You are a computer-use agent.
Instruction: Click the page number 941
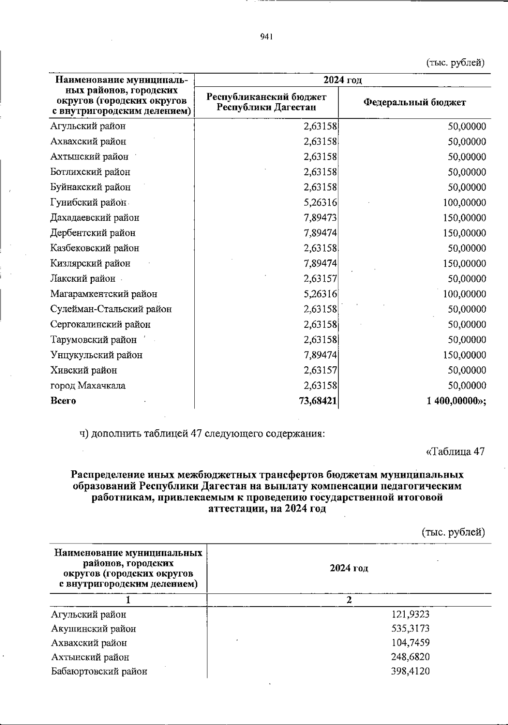point(266,37)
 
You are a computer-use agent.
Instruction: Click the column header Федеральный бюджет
point(415,102)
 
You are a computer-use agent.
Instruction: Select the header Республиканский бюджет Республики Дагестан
point(266,102)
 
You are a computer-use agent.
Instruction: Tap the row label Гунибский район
point(88,203)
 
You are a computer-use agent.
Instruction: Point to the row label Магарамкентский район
point(104,294)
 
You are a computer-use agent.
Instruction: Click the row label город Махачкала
point(88,386)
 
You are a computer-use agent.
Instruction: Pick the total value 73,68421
point(318,401)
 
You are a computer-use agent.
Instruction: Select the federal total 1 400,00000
point(456,401)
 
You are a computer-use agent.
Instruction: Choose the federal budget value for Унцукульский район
point(464,355)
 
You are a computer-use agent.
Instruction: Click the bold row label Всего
point(63,401)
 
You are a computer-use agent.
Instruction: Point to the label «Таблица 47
point(455,451)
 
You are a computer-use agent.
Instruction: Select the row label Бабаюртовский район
point(99,671)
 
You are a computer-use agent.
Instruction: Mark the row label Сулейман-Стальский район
point(111,309)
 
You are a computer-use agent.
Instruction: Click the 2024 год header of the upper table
point(342,80)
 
